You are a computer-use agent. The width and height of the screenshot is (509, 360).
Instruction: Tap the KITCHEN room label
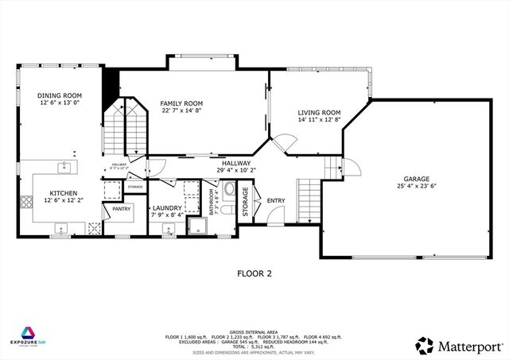pyautogui.click(x=64, y=193)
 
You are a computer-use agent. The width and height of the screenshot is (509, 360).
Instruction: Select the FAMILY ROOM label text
pyautogui.click(x=181, y=103)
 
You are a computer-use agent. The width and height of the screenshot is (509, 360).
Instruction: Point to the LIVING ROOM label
pyautogui.click(x=320, y=113)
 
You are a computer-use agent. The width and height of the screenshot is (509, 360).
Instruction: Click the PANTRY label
pyautogui.click(x=121, y=208)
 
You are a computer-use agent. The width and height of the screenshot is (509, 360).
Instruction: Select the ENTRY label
pyautogui.click(x=276, y=200)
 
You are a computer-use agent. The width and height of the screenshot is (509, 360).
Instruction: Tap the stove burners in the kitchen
pyautogui.click(x=94, y=228)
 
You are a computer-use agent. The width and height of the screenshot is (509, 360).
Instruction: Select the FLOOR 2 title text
pyautogui.click(x=254, y=273)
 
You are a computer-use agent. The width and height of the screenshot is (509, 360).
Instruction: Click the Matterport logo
pyautogui.click(x=459, y=346)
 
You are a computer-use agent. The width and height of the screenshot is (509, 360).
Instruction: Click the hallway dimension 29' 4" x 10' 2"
pyautogui.click(x=236, y=169)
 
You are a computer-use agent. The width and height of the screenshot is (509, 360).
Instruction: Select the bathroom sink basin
pyautogui.click(x=229, y=189)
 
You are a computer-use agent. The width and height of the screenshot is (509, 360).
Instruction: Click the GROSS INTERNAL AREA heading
pyautogui.click(x=254, y=331)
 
